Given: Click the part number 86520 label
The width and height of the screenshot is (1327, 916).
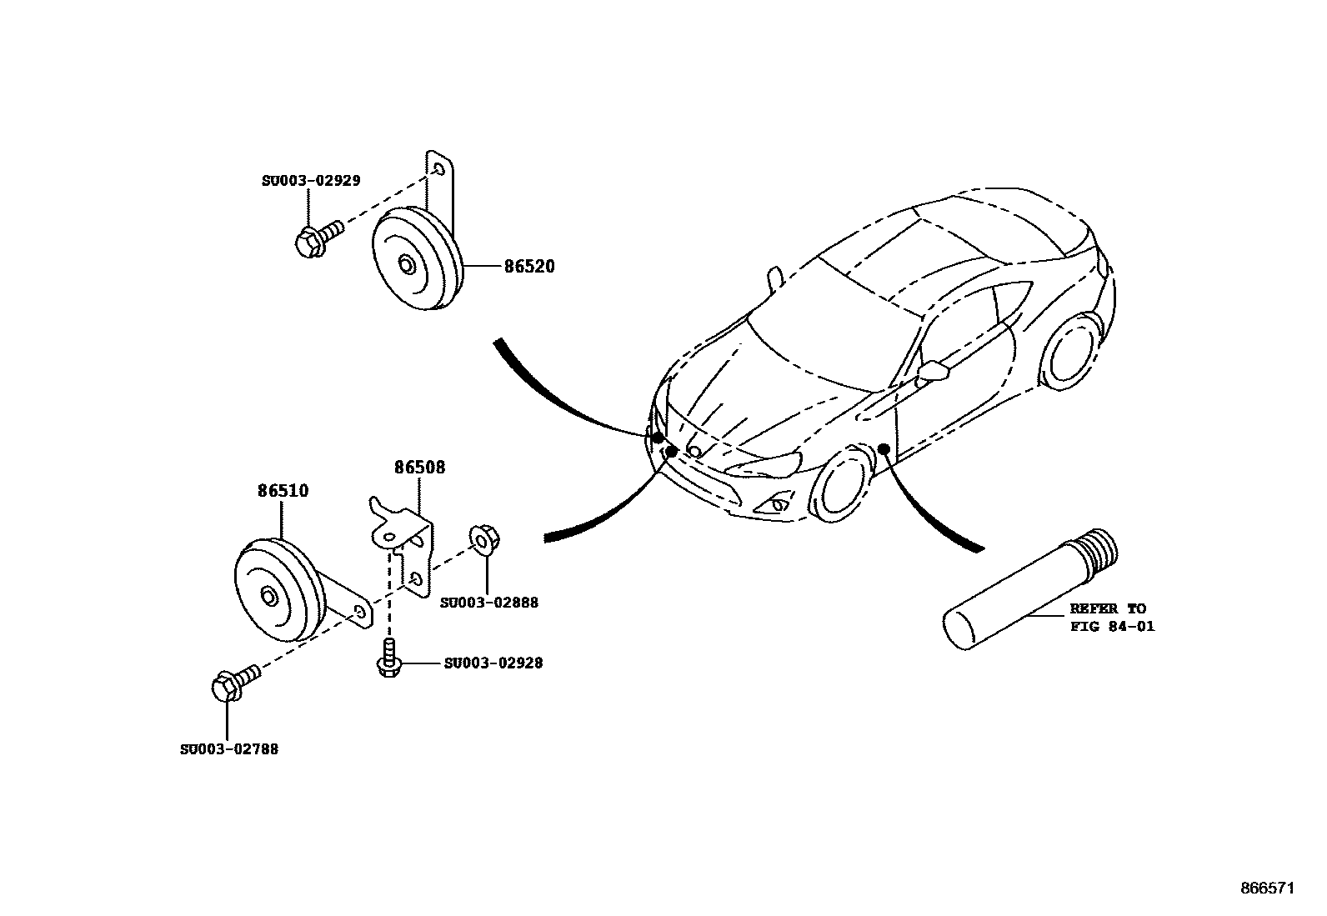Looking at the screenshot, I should (x=528, y=267).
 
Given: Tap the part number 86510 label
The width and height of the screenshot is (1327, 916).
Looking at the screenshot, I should (x=283, y=491).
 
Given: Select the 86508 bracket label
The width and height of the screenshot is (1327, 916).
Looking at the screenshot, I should (x=419, y=468).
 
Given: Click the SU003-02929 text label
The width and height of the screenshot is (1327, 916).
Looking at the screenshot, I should (x=311, y=181).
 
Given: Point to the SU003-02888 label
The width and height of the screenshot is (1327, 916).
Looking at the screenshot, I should (x=489, y=603).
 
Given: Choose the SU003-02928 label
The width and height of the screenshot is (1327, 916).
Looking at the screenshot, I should (x=493, y=663).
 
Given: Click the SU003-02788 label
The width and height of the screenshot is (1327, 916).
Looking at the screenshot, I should (x=229, y=749).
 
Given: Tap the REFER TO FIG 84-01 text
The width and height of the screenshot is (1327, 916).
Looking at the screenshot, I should (x=1112, y=618).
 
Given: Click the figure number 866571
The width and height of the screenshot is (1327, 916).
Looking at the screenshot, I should (x=1266, y=889).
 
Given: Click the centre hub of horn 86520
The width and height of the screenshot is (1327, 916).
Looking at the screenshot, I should (x=406, y=265).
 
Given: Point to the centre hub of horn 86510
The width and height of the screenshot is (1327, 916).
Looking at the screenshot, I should (x=269, y=597).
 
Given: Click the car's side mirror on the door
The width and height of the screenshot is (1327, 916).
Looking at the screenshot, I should (x=934, y=371).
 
